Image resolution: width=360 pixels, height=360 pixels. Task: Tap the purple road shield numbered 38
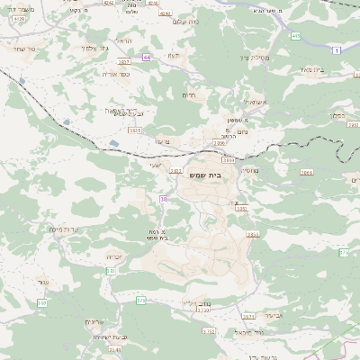(163, 199)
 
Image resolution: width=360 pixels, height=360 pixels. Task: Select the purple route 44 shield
(146, 57)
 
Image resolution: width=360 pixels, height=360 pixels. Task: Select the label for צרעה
(162, 141)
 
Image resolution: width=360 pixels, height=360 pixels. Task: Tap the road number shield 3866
(306, 171)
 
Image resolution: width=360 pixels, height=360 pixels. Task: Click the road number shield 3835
(135, 130)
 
